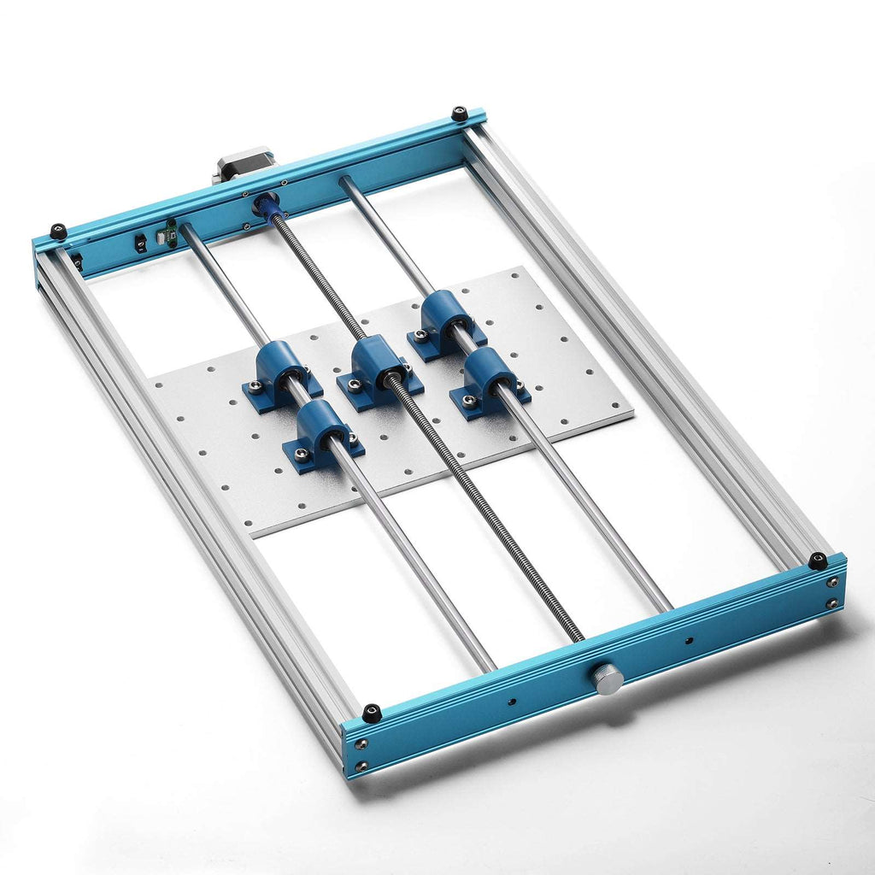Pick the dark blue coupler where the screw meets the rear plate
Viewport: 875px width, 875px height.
coord(265,206)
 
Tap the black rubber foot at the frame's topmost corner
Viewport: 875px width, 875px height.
coord(460,113)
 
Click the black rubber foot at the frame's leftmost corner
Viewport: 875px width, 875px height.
coord(58,231)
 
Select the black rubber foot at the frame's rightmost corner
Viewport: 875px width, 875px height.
coord(818,561)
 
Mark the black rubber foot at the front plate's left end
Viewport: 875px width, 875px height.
coord(372,712)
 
